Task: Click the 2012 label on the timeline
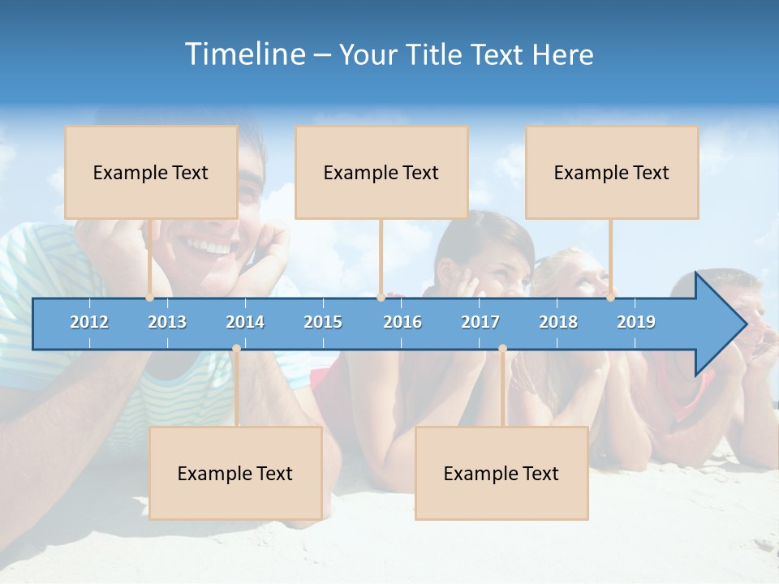[89, 322]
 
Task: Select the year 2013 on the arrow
[167, 322]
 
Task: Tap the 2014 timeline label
[245, 322]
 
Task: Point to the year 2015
[323, 322]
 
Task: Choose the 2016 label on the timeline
[402, 322]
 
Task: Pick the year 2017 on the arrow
[480, 322]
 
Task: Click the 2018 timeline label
[558, 322]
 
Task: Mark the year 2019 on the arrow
[636, 322]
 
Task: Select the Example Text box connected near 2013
[151, 172]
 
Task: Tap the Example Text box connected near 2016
[381, 172]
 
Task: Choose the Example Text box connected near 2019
[612, 172]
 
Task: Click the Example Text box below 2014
[235, 473]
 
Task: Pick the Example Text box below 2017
[501, 473]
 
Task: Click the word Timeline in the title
[244, 54]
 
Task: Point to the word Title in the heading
[434, 54]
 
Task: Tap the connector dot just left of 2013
[149, 298]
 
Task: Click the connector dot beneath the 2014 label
[236, 349]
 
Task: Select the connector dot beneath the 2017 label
[502, 349]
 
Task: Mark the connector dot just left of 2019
[610, 298]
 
